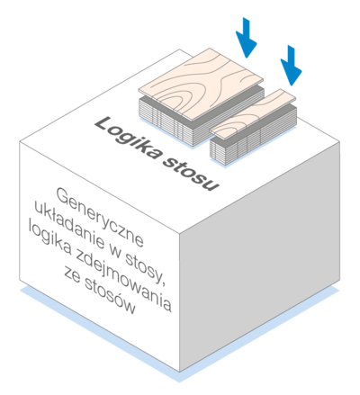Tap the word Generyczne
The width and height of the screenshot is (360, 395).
point(100,217)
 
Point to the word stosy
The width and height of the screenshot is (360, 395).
point(146,269)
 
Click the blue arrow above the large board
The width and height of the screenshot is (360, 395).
point(247,38)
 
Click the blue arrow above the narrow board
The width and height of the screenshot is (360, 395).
point(291,66)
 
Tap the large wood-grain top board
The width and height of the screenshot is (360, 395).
point(201,85)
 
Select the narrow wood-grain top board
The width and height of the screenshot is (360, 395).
point(253,114)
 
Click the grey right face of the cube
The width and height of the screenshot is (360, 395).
point(260,258)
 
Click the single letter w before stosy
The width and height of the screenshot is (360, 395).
point(115,255)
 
